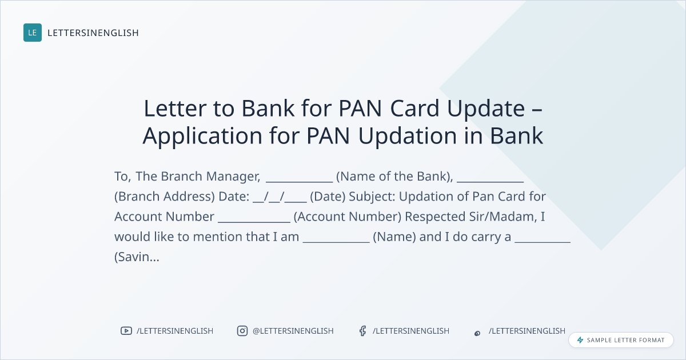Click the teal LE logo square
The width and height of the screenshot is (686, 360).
33,33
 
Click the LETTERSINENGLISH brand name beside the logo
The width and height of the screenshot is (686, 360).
93,33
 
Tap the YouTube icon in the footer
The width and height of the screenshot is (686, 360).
126,331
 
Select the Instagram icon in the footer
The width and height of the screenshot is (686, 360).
242,331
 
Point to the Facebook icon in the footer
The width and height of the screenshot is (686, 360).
362,331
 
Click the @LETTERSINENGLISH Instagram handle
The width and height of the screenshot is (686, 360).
293,331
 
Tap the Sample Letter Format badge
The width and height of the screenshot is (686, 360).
621,340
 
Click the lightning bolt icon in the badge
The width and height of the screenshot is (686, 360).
580,340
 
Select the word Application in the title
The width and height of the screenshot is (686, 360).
202,136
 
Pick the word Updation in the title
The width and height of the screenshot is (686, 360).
408,136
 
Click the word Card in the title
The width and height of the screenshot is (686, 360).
415,109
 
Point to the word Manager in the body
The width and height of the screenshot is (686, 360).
233,177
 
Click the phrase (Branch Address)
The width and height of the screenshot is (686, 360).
165,197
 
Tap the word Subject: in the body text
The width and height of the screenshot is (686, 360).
372,197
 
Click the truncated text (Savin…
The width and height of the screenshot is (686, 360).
137,257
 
